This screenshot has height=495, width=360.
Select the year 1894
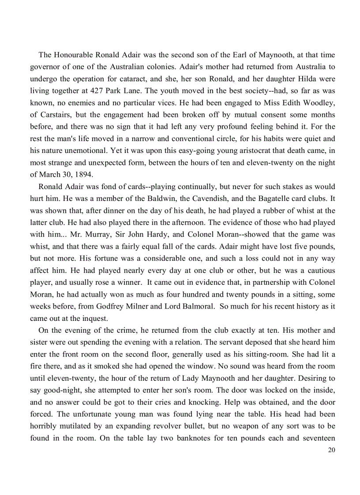82,174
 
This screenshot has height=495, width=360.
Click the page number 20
331,450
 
